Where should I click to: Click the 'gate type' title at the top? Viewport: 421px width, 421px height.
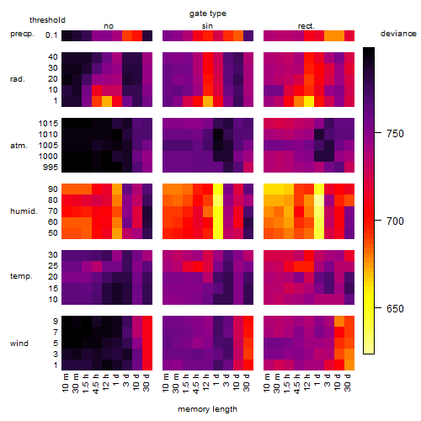(x=208, y=13)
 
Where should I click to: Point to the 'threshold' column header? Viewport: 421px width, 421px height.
(x=47, y=20)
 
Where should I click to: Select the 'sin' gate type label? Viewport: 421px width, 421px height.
(x=207, y=26)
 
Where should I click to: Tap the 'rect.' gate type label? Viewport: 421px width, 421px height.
(x=306, y=26)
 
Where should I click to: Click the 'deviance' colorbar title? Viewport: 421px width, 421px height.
(x=398, y=34)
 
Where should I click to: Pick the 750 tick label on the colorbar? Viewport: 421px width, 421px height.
(x=395, y=133)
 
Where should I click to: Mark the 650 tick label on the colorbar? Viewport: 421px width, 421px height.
(x=395, y=308)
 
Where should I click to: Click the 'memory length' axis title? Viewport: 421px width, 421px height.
(x=208, y=409)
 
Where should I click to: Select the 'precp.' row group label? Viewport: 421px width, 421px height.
(x=22, y=34)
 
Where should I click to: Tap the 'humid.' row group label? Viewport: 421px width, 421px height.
(x=24, y=210)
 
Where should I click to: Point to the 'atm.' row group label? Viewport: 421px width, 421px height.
(x=19, y=146)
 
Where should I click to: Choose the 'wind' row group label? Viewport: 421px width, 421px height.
(x=19, y=343)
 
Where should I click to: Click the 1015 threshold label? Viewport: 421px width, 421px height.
(x=48, y=124)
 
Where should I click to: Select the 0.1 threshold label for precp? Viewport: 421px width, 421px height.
(x=51, y=35)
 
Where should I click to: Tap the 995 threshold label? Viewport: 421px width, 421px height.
(x=51, y=168)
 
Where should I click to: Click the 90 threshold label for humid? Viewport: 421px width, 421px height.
(x=53, y=189)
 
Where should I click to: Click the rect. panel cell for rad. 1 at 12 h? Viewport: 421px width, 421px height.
(x=309, y=101)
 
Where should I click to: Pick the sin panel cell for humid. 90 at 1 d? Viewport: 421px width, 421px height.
(x=218, y=189)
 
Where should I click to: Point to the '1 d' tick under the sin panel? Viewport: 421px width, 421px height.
(x=216, y=380)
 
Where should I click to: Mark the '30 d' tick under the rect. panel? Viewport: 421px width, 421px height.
(x=348, y=382)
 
